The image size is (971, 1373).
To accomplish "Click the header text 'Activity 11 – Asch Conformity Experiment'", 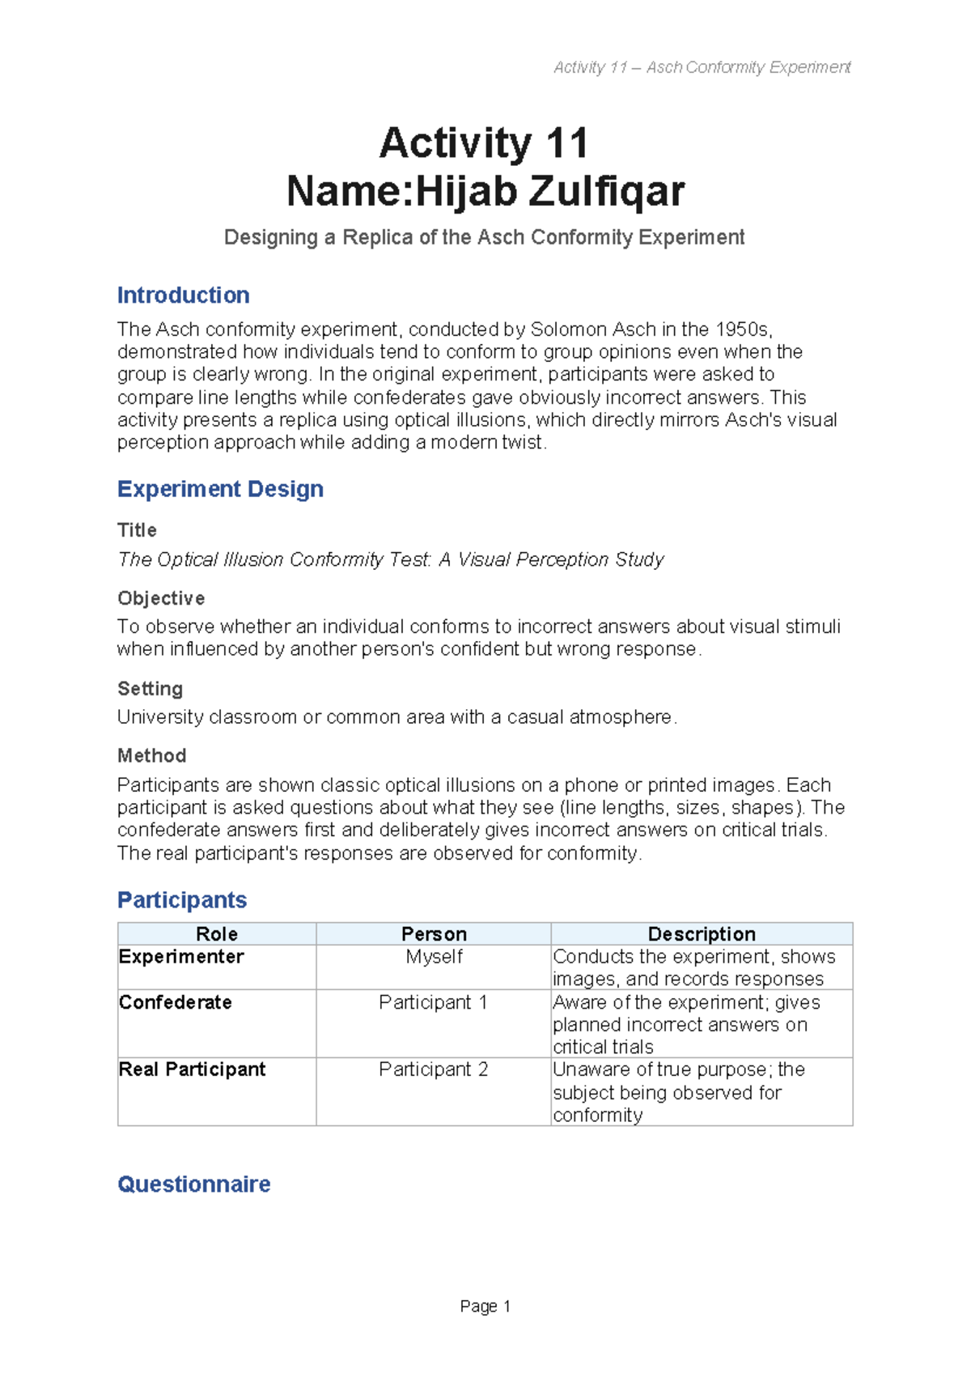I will (702, 67).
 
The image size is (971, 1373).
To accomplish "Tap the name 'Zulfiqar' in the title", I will (607, 192).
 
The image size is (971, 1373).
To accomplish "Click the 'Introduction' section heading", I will (183, 295).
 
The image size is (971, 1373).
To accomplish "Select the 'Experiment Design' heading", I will (220, 489).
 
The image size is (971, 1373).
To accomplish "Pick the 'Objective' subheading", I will (161, 598).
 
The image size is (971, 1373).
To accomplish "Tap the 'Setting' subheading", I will (150, 689).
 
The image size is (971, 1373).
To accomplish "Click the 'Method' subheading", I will (151, 755).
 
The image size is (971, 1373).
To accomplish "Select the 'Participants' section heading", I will (182, 899).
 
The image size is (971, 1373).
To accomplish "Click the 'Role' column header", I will (216, 933).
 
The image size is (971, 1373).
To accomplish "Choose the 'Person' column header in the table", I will (434, 933).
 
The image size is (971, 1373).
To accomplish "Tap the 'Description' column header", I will (702, 933).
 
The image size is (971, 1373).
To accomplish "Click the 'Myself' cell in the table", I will (434, 956).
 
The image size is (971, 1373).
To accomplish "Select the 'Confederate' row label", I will (175, 1002).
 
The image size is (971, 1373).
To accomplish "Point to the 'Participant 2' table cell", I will (433, 1069).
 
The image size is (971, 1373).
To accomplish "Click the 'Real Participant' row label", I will (192, 1069).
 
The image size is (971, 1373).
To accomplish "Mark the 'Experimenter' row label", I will (181, 956).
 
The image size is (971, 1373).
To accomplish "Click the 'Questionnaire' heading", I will (193, 1184).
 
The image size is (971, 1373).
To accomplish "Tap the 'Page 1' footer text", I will (485, 1306).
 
